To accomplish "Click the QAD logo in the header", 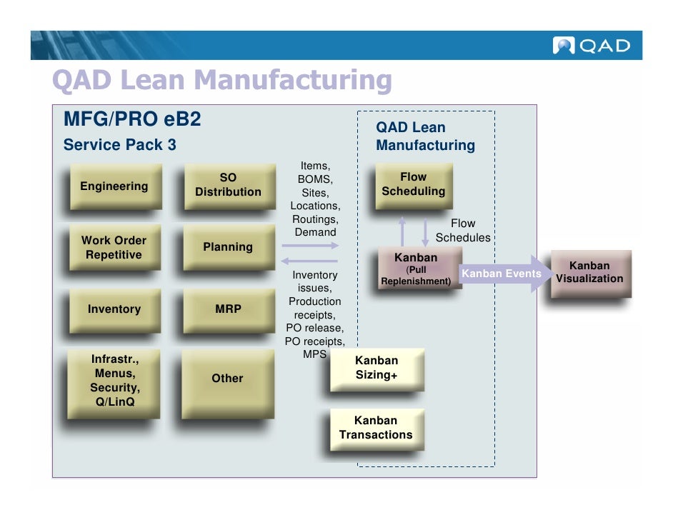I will point(592,46).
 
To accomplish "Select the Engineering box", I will point(114,186).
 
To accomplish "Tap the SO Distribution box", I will point(228,185).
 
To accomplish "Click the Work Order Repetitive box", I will point(114,248).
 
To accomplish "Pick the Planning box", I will point(228,247).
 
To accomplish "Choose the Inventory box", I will point(114,309).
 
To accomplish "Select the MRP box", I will point(228,309).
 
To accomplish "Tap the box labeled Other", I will point(227,379).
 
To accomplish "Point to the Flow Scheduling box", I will point(413,184).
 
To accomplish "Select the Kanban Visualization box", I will point(589,272).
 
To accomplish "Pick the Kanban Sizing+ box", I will point(377,368).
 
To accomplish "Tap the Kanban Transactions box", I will point(376,428).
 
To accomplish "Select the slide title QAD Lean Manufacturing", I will point(222,81).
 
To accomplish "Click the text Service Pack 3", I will point(119,145).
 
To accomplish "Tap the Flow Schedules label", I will point(463,231).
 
